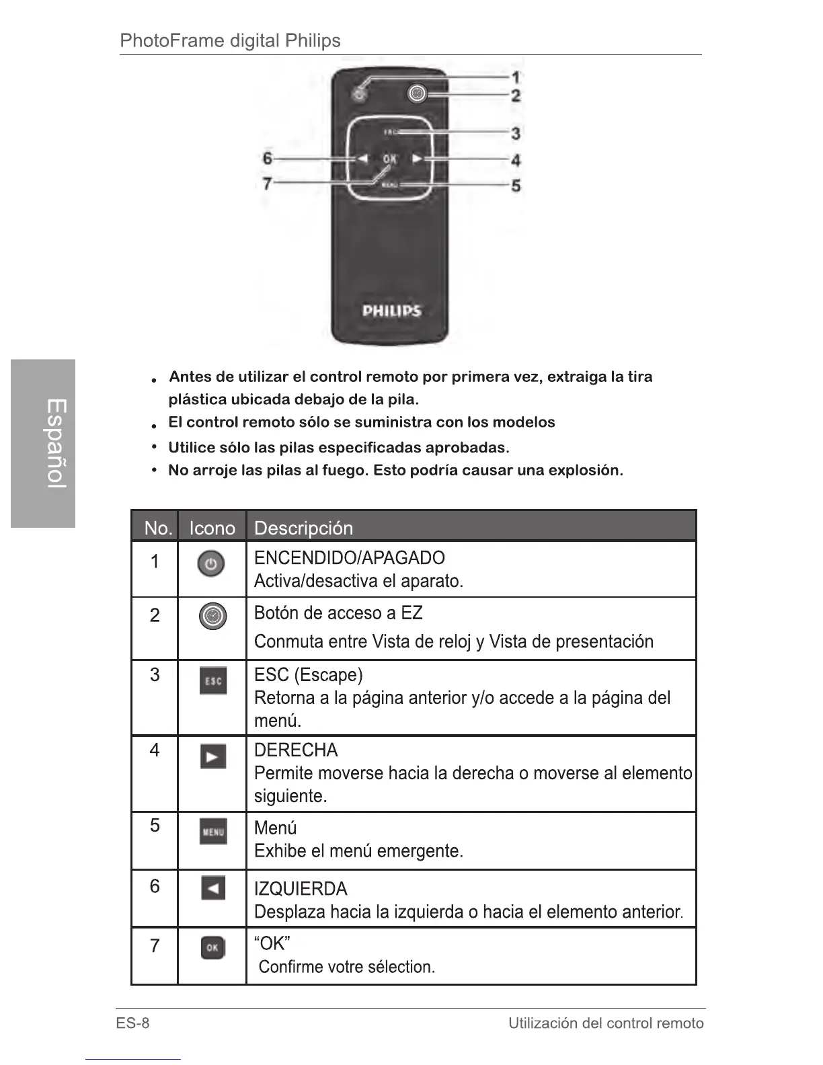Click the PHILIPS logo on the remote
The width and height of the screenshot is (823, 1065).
(x=391, y=311)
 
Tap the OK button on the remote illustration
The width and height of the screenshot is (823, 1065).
(x=389, y=159)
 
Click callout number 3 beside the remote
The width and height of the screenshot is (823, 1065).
(x=516, y=134)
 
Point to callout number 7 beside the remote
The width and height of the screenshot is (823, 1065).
(x=267, y=183)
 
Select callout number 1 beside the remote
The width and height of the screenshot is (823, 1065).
(x=516, y=78)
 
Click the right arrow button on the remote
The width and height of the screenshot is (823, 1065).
(x=418, y=159)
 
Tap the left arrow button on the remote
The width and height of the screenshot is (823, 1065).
(x=362, y=159)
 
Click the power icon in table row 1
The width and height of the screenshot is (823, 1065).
(x=211, y=565)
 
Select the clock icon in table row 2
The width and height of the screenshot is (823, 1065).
(x=212, y=616)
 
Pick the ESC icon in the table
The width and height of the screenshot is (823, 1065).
(x=212, y=681)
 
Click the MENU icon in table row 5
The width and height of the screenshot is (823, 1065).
(x=212, y=832)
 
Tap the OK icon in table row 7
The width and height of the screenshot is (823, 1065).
(x=212, y=948)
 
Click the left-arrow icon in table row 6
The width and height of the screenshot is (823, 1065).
(x=212, y=889)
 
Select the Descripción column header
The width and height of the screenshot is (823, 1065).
(x=303, y=528)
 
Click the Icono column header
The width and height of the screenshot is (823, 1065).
(x=212, y=528)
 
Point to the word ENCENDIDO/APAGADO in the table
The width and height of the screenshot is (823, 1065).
(x=349, y=558)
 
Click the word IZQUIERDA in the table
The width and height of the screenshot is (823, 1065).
(x=301, y=889)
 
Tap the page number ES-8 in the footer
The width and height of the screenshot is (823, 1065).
(x=132, y=1023)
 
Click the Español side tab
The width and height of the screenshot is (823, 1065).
(x=43, y=444)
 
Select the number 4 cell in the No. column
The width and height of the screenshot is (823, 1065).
(x=155, y=750)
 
